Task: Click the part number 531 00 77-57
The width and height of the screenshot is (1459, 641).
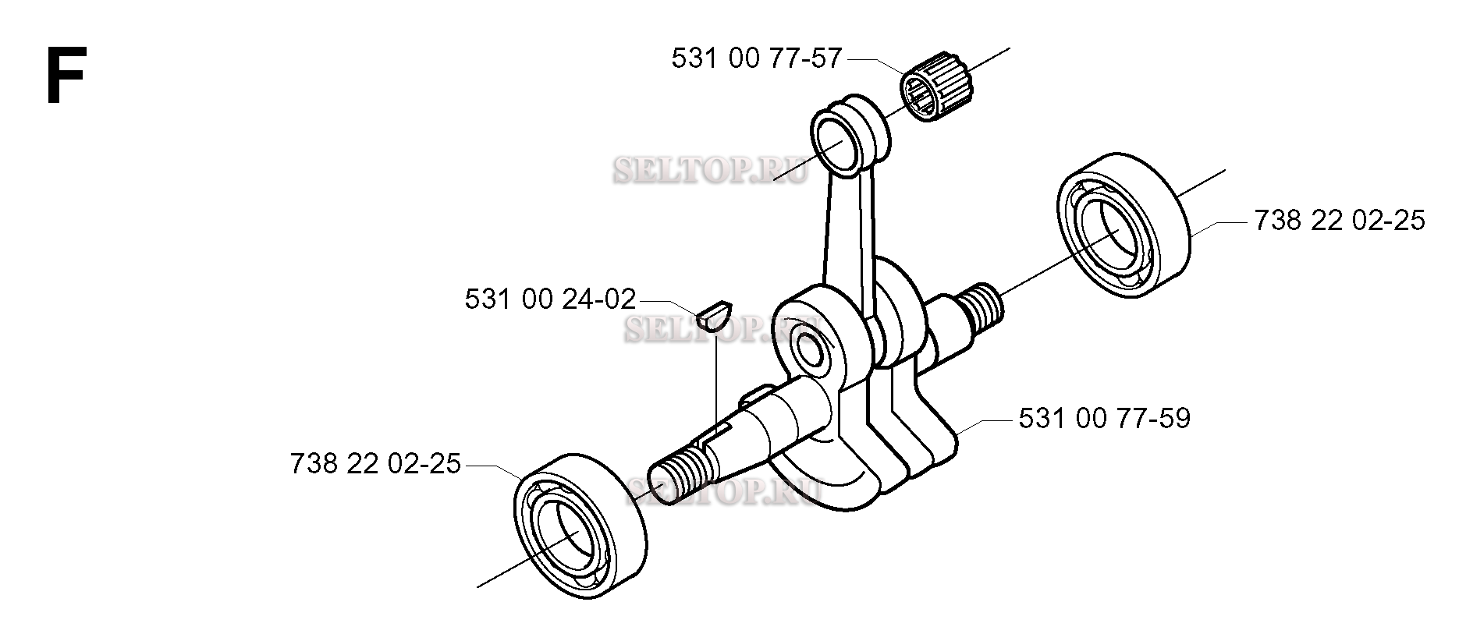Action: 757,58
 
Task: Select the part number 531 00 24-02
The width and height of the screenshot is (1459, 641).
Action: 550,299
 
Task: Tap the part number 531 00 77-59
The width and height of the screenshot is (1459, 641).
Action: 1105,419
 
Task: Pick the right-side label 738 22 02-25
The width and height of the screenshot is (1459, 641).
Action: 1340,221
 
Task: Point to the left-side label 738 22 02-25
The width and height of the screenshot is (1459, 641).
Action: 375,465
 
